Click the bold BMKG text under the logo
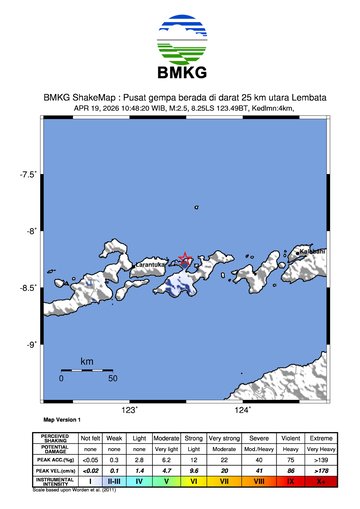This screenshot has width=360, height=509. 180,73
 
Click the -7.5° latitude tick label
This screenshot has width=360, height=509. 27,175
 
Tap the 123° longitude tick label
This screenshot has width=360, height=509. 129,410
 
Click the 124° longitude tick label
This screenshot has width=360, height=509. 242,410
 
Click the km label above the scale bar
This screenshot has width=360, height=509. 87,360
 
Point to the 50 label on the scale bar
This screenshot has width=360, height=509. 113,380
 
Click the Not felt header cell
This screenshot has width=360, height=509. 90,438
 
